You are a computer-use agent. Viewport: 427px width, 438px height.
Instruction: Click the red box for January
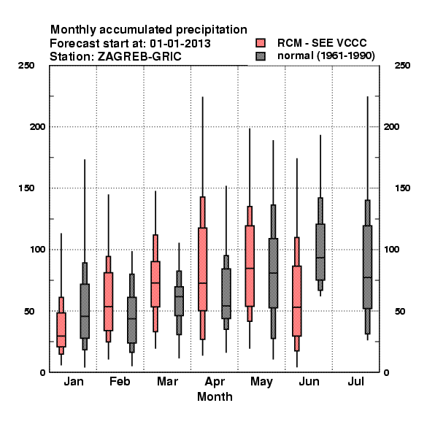coord(61,330)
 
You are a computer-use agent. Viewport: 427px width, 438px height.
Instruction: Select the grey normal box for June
coord(320,252)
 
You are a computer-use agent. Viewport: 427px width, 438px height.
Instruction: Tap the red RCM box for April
coord(202,269)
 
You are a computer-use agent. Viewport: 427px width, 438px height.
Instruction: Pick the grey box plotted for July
coord(368,266)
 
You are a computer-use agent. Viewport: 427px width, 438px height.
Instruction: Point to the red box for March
coord(155,284)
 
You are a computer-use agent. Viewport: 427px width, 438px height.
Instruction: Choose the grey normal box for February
coord(132,320)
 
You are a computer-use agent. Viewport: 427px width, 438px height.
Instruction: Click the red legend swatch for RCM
coord(261,43)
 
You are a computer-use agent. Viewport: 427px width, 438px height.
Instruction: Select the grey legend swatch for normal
coord(261,56)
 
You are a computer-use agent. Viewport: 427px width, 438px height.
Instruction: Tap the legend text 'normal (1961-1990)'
coord(326,55)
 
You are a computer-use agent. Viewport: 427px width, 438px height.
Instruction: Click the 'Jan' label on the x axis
coord(74,381)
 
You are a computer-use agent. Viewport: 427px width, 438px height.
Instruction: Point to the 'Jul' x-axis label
coord(355,381)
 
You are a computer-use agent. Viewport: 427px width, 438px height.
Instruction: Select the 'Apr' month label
coord(215,382)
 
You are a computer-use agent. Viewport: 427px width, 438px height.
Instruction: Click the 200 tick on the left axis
coord(37,126)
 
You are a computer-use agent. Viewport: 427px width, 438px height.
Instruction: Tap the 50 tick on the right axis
coord(400,311)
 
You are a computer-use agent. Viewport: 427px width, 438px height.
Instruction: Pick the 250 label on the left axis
coord(26,66)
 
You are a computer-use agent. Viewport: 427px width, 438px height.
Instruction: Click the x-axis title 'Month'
coord(215,396)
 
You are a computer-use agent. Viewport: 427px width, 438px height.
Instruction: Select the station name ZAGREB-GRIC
coord(139,56)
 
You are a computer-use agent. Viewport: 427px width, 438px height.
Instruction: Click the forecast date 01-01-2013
coord(180,43)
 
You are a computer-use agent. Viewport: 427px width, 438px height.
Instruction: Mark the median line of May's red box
coord(250,268)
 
